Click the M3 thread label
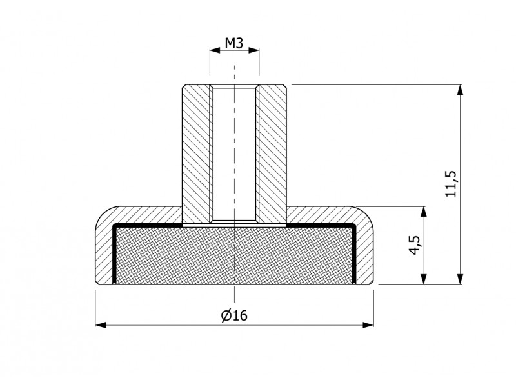(x=234, y=43)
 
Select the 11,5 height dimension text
(x=451, y=184)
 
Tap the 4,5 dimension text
(x=415, y=245)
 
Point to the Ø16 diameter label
(x=234, y=315)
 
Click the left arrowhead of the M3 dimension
(x=215, y=50)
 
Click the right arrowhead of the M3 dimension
(x=253, y=50)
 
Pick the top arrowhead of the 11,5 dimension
(x=461, y=90)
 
